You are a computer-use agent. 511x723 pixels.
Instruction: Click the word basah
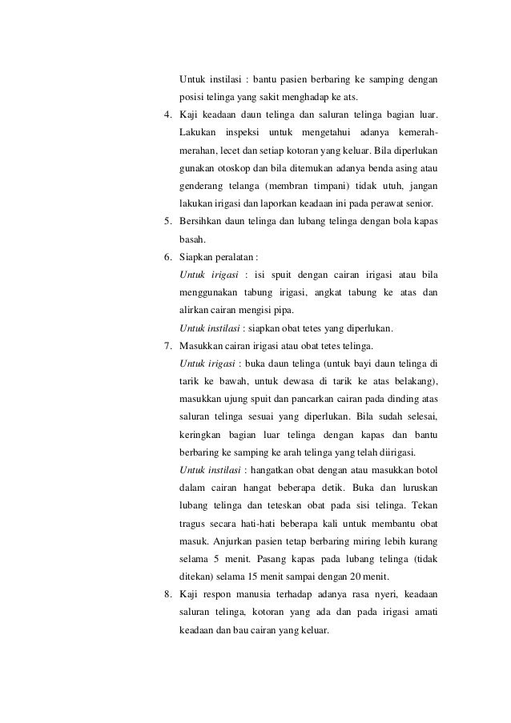click(x=192, y=239)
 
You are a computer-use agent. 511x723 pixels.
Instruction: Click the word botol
click(x=425, y=470)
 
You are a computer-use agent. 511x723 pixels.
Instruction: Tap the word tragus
click(x=193, y=523)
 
